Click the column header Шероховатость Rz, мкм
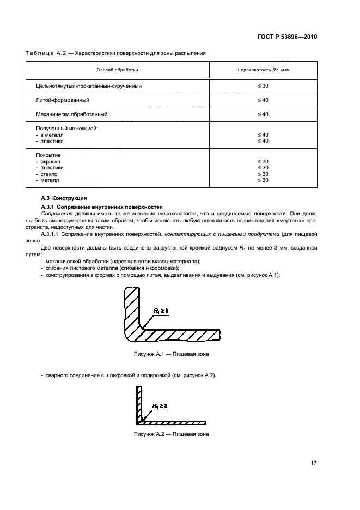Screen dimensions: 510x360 pos(263,70)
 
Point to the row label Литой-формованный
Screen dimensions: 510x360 pos(63,100)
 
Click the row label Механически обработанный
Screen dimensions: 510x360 pos(71,114)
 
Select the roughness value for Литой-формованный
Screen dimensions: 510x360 pos(263,100)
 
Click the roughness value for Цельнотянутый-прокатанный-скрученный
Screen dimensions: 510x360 pos(263,86)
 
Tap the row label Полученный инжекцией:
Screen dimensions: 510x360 pos(66,128)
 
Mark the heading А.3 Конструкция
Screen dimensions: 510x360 pos(64,198)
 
